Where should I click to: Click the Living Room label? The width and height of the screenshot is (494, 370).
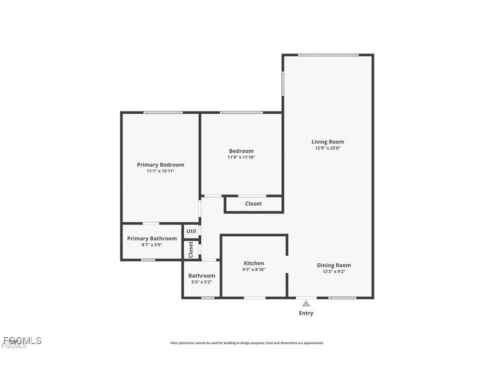328,142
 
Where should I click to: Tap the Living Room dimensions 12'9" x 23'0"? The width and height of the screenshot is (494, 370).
328,148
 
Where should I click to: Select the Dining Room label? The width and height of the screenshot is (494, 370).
334,265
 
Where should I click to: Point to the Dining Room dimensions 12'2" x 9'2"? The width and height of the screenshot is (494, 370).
334,272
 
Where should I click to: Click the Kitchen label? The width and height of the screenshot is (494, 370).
254,263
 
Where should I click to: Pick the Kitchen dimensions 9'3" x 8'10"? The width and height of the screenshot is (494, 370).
254,269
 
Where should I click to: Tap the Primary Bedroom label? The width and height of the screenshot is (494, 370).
160,165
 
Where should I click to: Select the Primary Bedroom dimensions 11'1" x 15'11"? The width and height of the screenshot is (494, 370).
160,171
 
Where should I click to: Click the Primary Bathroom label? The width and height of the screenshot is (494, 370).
152,238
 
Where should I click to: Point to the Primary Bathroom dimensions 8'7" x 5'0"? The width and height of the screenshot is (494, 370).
152,245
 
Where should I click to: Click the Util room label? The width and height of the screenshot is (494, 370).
191,231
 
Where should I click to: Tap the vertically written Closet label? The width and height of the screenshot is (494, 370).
191,249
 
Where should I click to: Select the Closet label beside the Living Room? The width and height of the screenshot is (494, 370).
253,204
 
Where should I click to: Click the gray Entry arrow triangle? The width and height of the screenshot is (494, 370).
306,304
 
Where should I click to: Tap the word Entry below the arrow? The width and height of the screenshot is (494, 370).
306,313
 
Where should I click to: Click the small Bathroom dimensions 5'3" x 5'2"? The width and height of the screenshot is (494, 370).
202,282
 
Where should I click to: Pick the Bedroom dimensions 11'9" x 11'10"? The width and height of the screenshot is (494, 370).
241,158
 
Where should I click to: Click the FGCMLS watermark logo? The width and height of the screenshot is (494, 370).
22,342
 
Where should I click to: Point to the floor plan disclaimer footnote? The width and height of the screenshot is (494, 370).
247,343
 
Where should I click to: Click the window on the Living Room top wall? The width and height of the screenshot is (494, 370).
328,55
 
